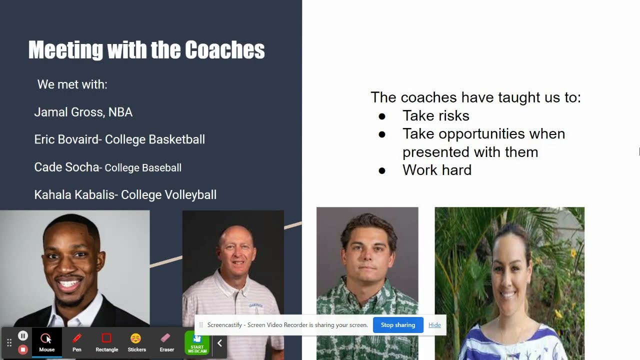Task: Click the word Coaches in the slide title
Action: (224, 50)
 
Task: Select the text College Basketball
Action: (155, 139)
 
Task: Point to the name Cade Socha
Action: (66, 167)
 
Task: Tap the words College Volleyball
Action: (168, 194)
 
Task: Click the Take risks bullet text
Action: (435, 115)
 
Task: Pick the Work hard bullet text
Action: (436, 170)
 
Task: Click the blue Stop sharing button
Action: (398, 325)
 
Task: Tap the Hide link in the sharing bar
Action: (434, 325)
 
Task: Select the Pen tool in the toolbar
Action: (76, 342)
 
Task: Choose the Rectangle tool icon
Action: (106, 342)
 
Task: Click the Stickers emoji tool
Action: (136, 342)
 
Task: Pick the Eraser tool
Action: (166, 342)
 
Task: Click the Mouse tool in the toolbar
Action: (46, 342)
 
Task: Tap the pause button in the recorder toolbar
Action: (23, 336)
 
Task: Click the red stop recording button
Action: (23, 349)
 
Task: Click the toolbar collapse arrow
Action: (219, 343)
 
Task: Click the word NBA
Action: (120, 112)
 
